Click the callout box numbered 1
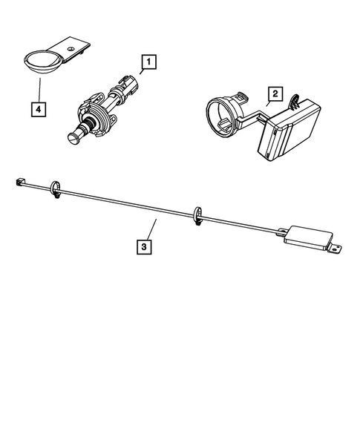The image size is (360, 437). [148, 62]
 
